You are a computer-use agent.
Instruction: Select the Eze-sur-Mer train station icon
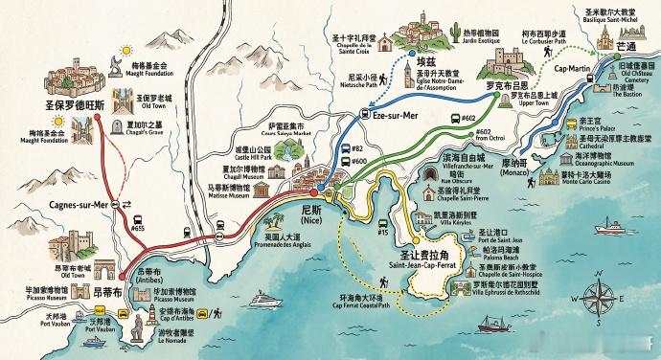click(364, 113)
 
